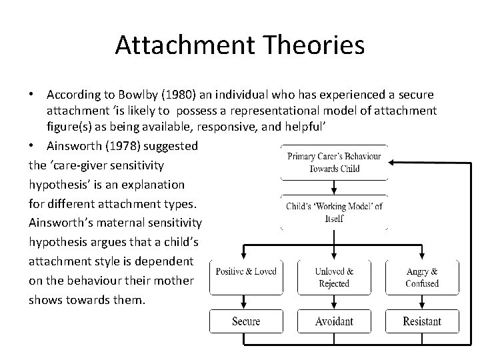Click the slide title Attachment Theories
[239, 45]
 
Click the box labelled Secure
[246, 321]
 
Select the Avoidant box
[334, 321]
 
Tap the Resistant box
[421, 321]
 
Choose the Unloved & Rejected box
[334, 277]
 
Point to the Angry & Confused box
[421, 277]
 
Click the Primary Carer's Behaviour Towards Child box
[334, 163]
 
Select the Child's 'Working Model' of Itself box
[334, 212]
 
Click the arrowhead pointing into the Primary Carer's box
[393, 162]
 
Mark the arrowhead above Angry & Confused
[421, 255]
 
